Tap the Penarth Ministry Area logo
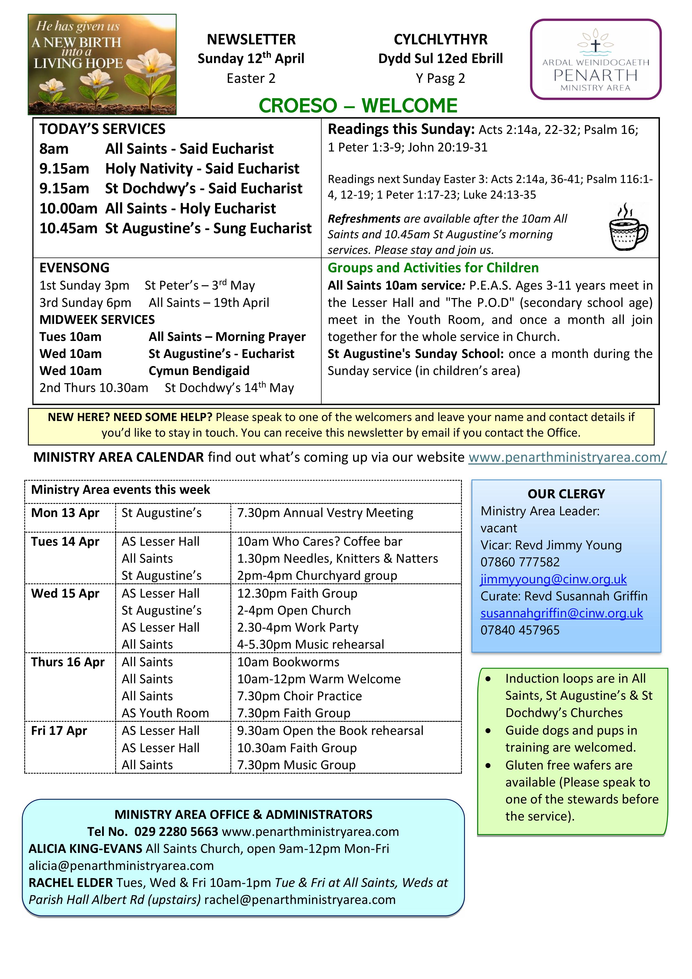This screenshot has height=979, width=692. coord(596,59)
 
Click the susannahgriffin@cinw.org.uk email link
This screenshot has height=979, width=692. coord(561,613)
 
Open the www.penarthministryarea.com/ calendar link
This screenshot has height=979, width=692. coord(567,457)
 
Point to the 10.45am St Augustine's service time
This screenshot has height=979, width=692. coord(68,228)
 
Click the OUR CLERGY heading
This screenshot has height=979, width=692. coord(566,494)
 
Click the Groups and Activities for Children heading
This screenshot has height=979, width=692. coord(433,268)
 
